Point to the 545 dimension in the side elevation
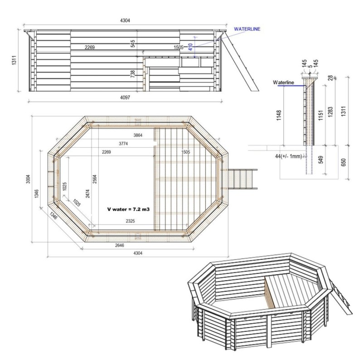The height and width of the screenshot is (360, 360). pyautogui.click(x=133, y=44)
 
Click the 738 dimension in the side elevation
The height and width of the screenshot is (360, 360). pyautogui.click(x=133, y=73)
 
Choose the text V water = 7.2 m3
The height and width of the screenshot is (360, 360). pyautogui.click(x=128, y=209)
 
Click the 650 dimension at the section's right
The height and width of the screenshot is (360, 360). pyautogui.click(x=343, y=162)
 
